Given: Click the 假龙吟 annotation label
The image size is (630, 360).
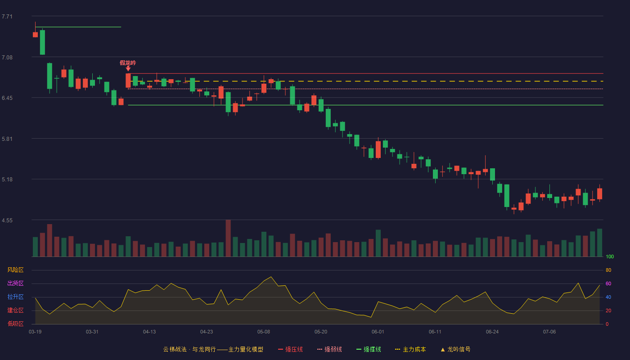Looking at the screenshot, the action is (x=128, y=63).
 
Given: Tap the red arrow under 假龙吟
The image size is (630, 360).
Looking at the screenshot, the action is (x=128, y=68).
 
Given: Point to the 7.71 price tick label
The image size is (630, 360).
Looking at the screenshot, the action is (x=7, y=17).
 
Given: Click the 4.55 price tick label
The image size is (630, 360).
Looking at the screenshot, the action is (x=7, y=220).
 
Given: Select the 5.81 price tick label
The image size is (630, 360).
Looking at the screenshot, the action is (x=7, y=139).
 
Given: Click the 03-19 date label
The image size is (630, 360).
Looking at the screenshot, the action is (x=35, y=332).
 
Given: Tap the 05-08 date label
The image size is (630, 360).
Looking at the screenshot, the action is (x=264, y=332).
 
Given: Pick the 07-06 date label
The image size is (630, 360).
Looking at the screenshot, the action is (x=549, y=332).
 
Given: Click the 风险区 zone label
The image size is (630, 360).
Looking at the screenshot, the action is (x=15, y=270).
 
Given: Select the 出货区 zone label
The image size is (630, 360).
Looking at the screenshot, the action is (x=15, y=283).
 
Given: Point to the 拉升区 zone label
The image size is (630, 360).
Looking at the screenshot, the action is (x=15, y=297).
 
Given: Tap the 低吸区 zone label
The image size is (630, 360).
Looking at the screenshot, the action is (x=15, y=324).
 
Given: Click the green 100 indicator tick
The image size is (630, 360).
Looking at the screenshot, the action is (x=610, y=256).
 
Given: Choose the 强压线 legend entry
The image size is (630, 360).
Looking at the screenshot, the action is (x=290, y=349).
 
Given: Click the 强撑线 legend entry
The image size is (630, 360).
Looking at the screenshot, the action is (x=369, y=349).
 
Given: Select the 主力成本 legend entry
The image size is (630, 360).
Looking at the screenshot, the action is (x=410, y=349).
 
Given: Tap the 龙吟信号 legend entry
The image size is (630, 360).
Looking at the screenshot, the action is (x=455, y=349).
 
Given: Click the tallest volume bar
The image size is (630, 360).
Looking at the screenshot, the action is (x=228, y=238).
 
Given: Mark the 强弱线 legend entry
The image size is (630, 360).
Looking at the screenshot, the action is (x=329, y=349).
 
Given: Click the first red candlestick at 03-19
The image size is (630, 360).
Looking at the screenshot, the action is (x=35, y=35).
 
